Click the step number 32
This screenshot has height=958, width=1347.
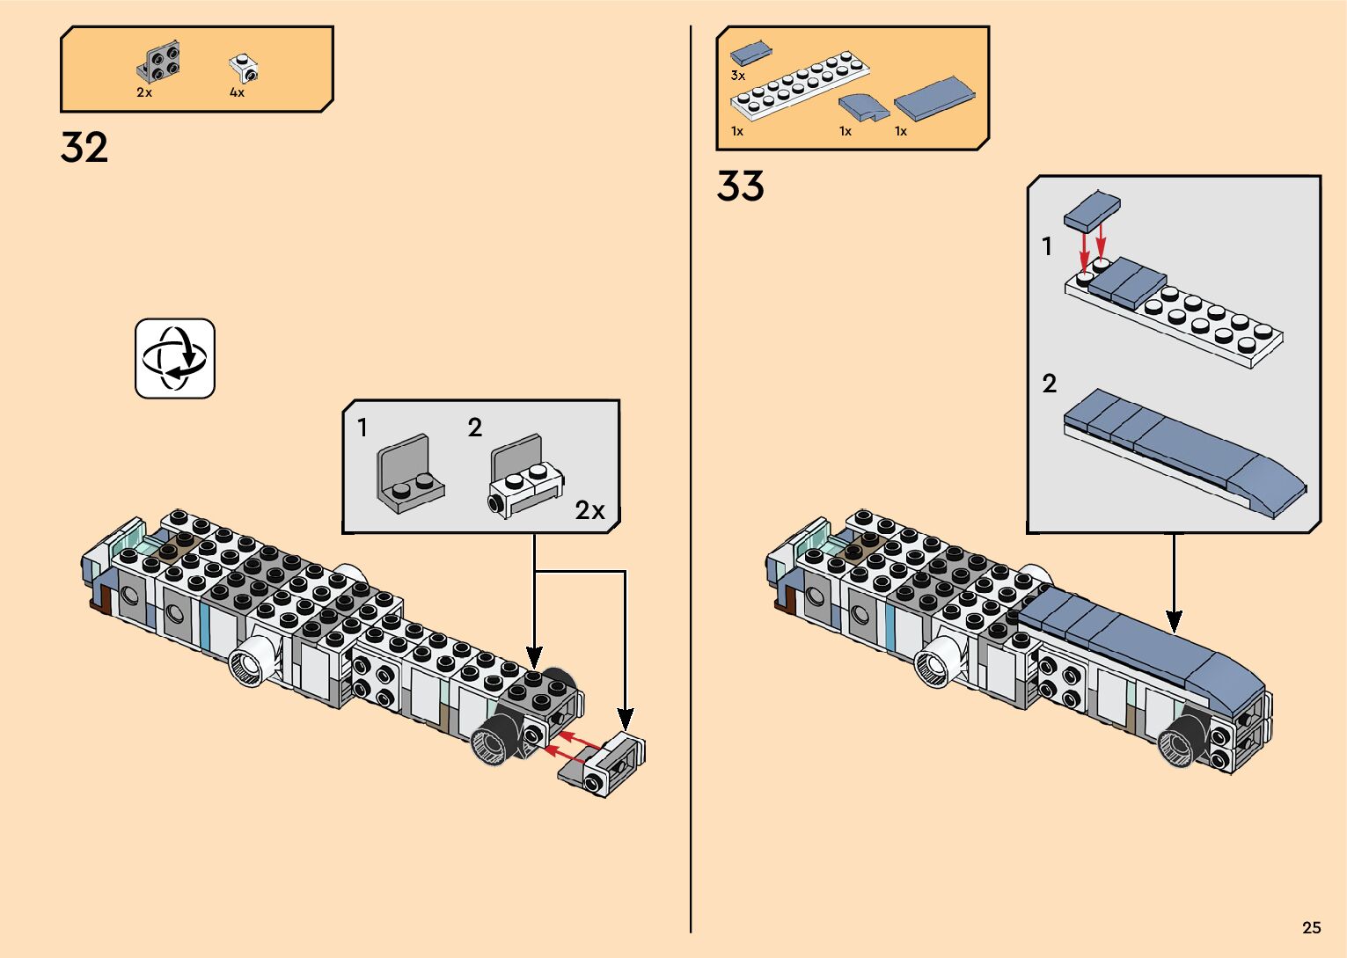coord(84,147)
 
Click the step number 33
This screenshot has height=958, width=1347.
coord(740,186)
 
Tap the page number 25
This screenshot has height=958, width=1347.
coord(1312,927)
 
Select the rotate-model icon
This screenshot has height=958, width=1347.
coord(175,358)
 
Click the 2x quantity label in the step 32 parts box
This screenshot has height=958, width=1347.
coord(144,92)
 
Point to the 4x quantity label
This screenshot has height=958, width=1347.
coord(237,92)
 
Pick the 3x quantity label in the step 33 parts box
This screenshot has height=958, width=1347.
coord(738,76)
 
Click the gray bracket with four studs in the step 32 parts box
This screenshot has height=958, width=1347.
coord(158,62)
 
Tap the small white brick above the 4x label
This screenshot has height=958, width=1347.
coord(244,69)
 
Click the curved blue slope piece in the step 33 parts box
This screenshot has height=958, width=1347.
coord(864,107)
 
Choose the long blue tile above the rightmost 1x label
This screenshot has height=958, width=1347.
coord(934,99)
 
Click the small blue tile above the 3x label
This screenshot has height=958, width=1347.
coord(751,53)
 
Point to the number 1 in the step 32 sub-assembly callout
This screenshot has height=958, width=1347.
coord(362,428)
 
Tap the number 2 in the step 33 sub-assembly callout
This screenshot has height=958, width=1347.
coord(1050,384)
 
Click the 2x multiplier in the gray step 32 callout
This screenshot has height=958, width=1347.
coord(589,510)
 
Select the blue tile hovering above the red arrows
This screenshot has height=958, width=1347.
coord(1092,211)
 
